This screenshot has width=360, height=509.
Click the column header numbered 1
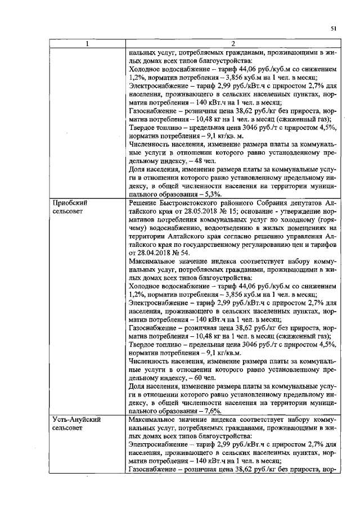coord(87,44)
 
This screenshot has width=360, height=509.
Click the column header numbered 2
coord(232,44)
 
